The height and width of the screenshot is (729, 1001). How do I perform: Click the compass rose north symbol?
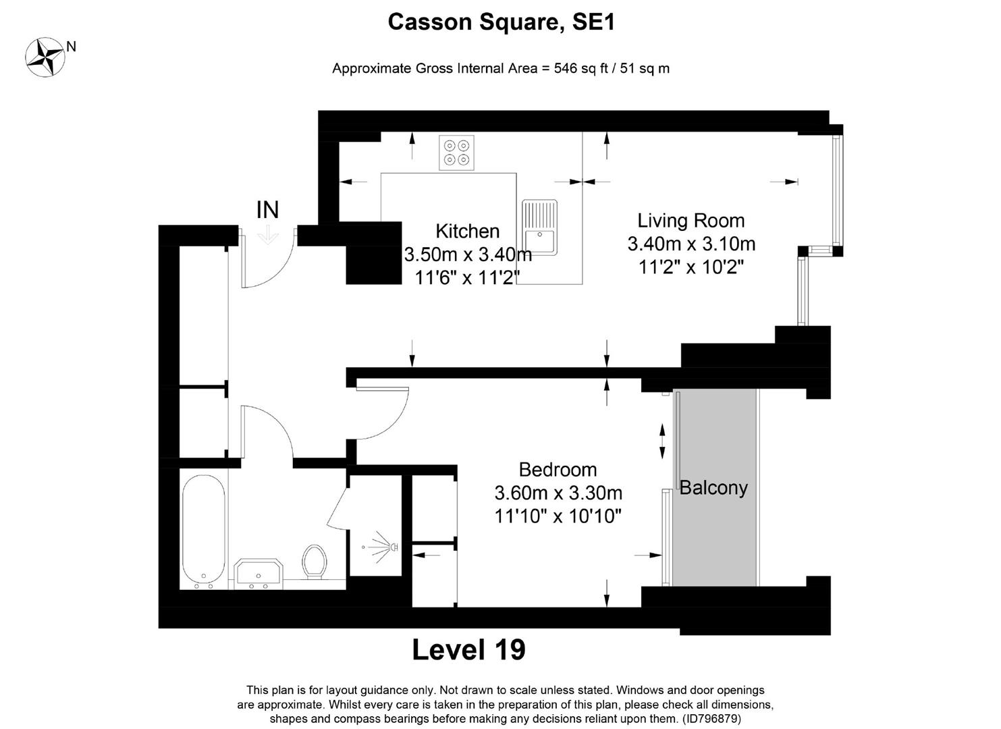pyautogui.click(x=45, y=57)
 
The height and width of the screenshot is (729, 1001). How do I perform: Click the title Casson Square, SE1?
pyautogui.click(x=501, y=22)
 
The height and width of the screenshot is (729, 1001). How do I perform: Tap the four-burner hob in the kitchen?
pyautogui.click(x=456, y=153)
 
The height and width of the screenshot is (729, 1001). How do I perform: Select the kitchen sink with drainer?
pyautogui.click(x=539, y=227)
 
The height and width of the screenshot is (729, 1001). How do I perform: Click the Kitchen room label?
pyautogui.click(x=467, y=231)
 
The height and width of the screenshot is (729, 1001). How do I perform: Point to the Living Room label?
pyautogui.click(x=691, y=221)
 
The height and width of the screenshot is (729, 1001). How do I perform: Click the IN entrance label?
pyautogui.click(x=267, y=210)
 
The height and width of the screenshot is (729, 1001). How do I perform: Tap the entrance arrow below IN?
pyautogui.click(x=268, y=235)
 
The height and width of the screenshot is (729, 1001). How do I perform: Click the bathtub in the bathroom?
pyautogui.click(x=203, y=531)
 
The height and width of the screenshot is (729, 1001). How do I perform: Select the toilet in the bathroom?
pyautogui.click(x=315, y=560)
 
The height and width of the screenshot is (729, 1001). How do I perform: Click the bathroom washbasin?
pyautogui.click(x=258, y=572)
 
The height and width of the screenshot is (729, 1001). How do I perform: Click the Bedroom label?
pyautogui.click(x=558, y=469)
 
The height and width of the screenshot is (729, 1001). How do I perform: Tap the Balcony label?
pyautogui.click(x=713, y=487)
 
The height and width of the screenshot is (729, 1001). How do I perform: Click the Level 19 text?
pyautogui.click(x=468, y=649)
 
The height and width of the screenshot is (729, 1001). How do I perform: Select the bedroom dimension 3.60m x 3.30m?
pyautogui.click(x=558, y=493)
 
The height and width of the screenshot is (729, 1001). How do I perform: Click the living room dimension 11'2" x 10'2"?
pyautogui.click(x=691, y=267)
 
